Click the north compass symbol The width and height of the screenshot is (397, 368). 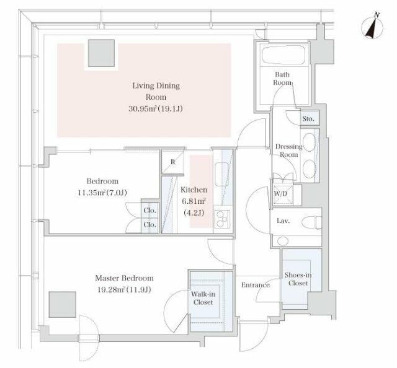(x=372, y=27)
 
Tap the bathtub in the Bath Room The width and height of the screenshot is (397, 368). (x=283, y=55)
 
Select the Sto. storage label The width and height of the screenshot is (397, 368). (x=308, y=118)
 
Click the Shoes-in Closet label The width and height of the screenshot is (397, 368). (x=298, y=279)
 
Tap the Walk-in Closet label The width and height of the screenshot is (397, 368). (x=203, y=298)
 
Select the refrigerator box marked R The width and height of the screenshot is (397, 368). (x=172, y=162)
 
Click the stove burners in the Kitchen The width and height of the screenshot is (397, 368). (x=222, y=219)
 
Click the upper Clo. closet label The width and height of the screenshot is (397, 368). (x=150, y=211)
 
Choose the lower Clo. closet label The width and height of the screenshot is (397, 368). (x=150, y=224)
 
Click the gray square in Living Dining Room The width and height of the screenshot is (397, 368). (x=102, y=53)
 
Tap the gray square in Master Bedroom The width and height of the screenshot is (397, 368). (x=63, y=305)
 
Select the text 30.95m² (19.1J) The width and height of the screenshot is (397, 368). (x=156, y=109)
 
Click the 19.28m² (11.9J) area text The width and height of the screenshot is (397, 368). (x=124, y=289)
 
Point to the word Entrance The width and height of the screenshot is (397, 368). (x=255, y=285)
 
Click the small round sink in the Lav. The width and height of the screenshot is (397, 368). (x=283, y=241)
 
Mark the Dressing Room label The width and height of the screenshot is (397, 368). (x=289, y=151)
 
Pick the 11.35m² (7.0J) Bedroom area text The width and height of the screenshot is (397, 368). (x=102, y=193)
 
